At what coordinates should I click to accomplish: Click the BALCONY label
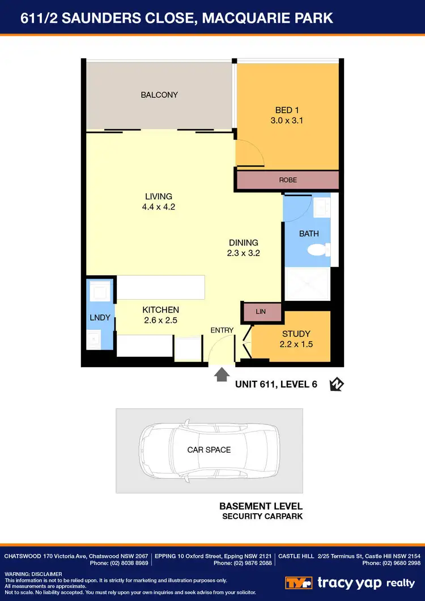click(x=159, y=95)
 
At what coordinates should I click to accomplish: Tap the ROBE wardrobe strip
click(x=287, y=180)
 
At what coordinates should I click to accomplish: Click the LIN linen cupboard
click(x=261, y=312)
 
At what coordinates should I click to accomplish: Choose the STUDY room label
click(x=296, y=334)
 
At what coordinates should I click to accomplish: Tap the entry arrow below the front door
click(x=222, y=374)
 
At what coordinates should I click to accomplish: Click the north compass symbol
click(x=337, y=385)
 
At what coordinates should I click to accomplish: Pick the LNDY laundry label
click(x=100, y=318)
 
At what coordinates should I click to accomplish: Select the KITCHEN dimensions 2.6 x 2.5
click(x=160, y=320)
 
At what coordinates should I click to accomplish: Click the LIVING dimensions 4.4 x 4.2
click(x=158, y=207)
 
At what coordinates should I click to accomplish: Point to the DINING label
click(x=243, y=243)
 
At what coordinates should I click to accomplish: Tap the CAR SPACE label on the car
click(x=209, y=450)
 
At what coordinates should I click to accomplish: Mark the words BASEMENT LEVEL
click(x=261, y=506)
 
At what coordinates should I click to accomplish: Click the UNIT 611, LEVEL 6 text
click(x=276, y=385)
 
